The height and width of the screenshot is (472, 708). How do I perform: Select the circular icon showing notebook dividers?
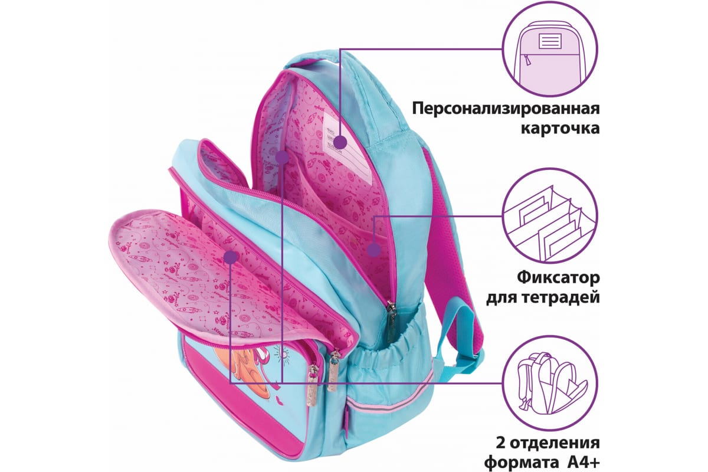pos(546,218)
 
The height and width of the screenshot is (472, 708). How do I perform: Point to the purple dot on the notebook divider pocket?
pos(373,250)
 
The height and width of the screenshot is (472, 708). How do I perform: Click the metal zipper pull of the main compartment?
pos(391,319)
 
